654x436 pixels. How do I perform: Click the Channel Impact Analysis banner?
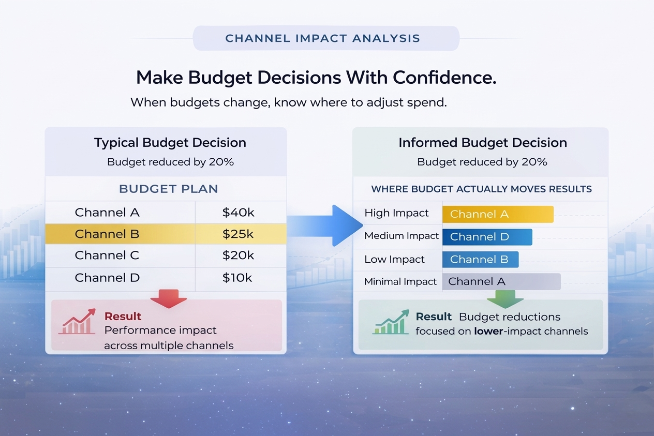tap(326, 38)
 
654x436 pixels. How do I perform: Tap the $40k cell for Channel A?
tap(238, 213)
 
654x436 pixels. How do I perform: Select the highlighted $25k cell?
tap(238, 234)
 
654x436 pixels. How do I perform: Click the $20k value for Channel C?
tap(238, 255)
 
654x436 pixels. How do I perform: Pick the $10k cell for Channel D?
tap(237, 278)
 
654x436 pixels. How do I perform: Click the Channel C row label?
tap(107, 255)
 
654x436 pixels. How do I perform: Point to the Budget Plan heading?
tap(168, 189)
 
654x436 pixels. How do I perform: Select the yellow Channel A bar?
tap(497, 214)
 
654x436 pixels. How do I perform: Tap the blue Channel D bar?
tap(487, 237)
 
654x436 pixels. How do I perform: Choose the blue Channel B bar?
tap(480, 260)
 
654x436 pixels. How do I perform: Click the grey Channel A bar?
tap(501, 282)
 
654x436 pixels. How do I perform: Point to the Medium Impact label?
tap(402, 236)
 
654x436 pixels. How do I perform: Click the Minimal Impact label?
tap(400, 282)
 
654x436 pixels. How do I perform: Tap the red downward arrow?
tap(168, 299)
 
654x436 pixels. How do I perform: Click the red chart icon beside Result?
tap(77, 322)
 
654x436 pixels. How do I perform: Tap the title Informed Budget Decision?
tap(482, 143)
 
